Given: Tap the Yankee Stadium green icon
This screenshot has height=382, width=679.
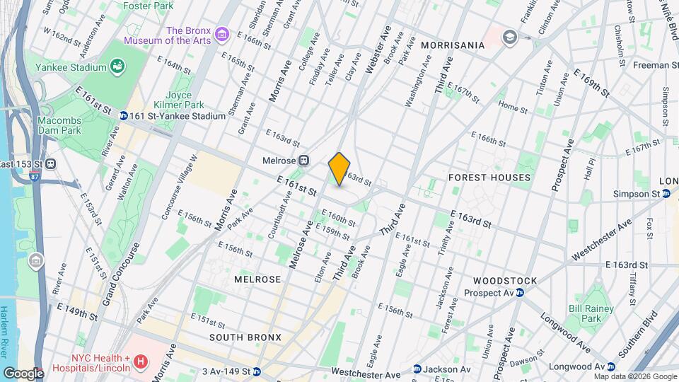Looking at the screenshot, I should (x=117, y=67).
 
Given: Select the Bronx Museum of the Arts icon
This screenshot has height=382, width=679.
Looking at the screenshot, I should (x=222, y=34).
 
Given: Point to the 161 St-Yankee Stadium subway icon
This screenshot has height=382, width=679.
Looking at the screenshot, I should (x=123, y=115).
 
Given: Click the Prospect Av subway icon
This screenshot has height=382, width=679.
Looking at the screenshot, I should (x=520, y=292).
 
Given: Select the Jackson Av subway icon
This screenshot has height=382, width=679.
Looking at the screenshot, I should (x=417, y=369).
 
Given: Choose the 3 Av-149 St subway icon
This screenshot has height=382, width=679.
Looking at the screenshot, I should (x=257, y=371).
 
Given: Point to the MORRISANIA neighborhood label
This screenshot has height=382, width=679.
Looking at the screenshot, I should (x=453, y=45).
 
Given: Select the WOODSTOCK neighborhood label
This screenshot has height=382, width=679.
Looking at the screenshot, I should (x=505, y=281).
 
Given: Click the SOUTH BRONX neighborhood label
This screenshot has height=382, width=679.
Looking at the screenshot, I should (x=240, y=337).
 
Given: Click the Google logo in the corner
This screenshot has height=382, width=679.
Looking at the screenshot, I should (x=23, y=373).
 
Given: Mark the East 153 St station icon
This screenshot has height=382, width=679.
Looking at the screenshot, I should (x=52, y=164).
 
